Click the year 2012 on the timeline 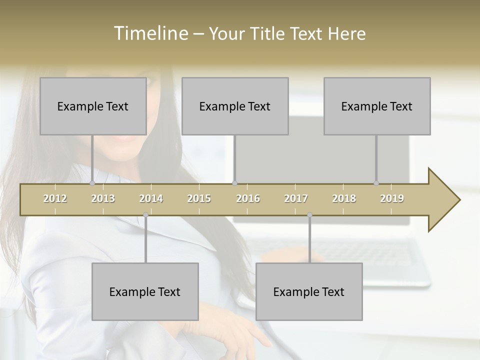pos(55,198)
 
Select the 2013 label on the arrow pos(103,198)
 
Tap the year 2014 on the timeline pos(151,198)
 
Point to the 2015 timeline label pos(199,198)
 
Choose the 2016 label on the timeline pos(248,198)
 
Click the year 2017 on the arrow pos(296,198)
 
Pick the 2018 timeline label pos(344,198)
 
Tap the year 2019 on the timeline pos(392,198)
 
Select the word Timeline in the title pos(150,33)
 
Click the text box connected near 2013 pos(93,106)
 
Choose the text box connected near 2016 pos(235,106)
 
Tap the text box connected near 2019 pos(377,106)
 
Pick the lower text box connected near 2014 pos(145,291)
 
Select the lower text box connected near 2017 pos(309,291)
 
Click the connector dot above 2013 pos(92,183)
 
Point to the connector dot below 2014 pos(145,215)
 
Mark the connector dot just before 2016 pos(234,183)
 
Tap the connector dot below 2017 pos(309,215)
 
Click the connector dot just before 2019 pos(376,183)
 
